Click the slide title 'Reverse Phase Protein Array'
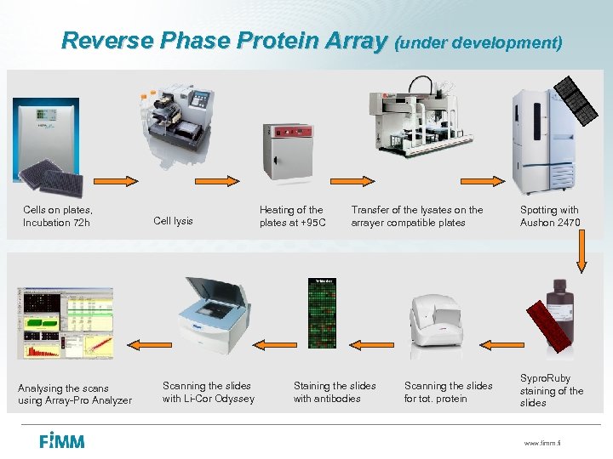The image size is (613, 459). [224, 40]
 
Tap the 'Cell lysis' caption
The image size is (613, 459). [173, 221]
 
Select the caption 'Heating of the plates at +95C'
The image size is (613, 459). [292, 216]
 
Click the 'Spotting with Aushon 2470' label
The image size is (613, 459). [549, 216]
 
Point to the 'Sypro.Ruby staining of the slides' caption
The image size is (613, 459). [551, 390]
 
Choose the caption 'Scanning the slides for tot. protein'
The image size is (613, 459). [448, 392]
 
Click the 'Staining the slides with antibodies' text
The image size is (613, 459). [335, 392]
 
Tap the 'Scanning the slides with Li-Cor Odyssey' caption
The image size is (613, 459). [208, 392]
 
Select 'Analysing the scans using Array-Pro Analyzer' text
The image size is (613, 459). [75, 394]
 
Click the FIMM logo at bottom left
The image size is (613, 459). [61, 440]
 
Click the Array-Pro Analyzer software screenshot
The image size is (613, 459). [65, 323]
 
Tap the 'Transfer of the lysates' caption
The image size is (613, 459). [416, 216]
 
